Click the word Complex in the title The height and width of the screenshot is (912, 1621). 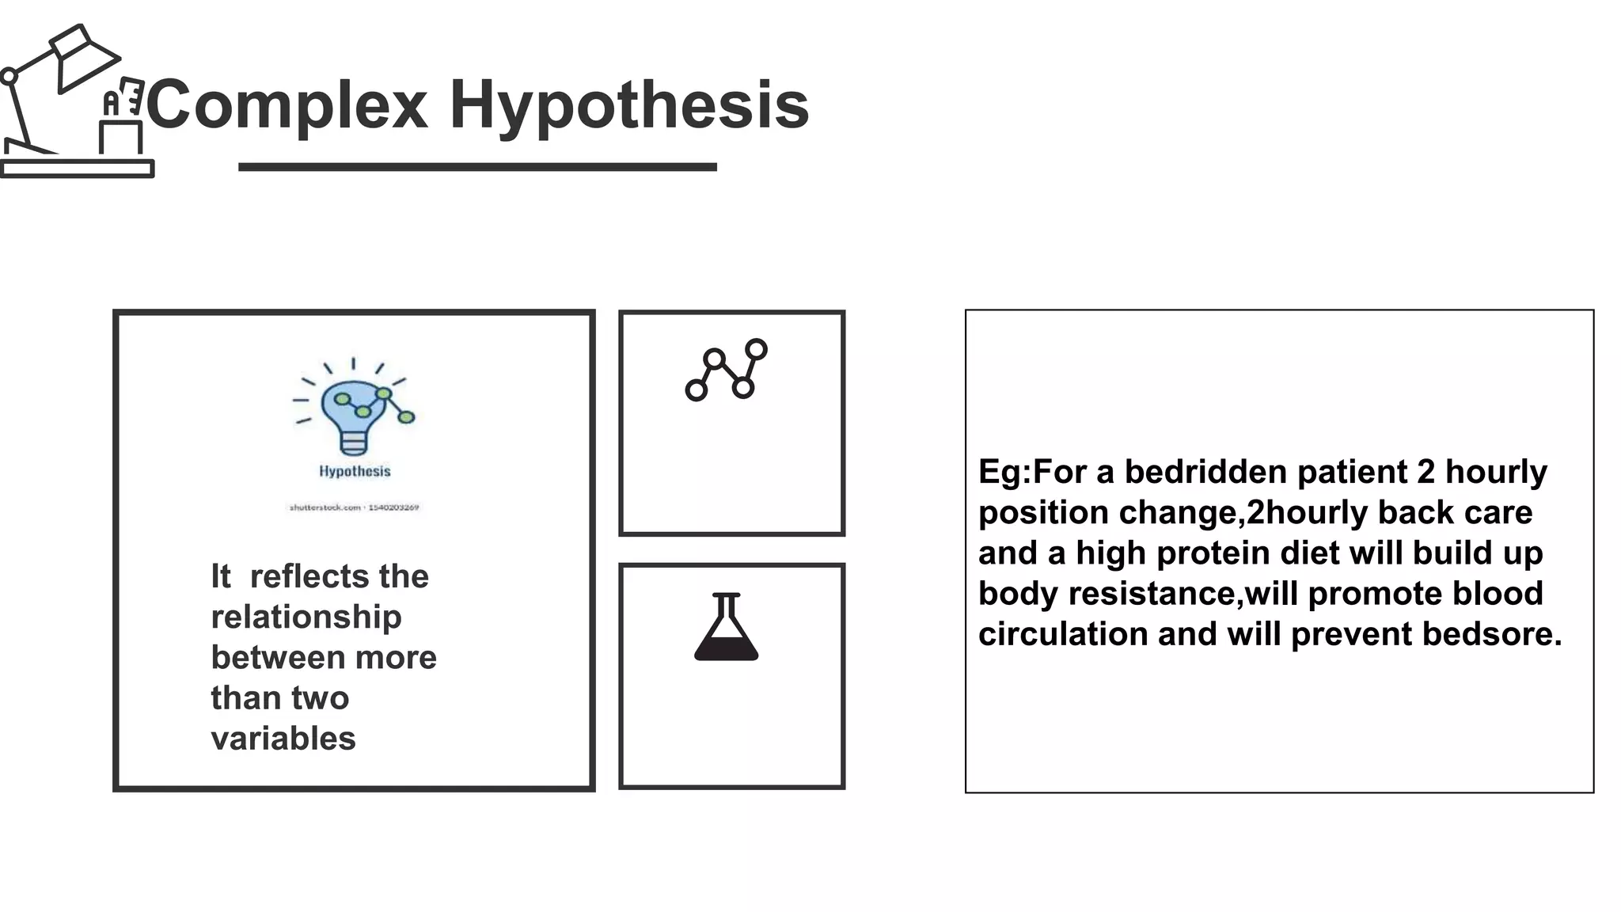[x=287, y=104]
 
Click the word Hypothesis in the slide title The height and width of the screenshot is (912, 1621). [x=629, y=104]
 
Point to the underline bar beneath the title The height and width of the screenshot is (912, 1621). [x=477, y=167]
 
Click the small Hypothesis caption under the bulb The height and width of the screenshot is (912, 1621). [x=355, y=471]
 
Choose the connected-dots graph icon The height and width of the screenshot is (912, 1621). [x=726, y=369]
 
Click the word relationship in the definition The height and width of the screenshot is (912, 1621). [x=306, y=617]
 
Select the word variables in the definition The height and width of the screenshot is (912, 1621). [x=283, y=739]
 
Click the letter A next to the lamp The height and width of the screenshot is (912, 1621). [x=112, y=103]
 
